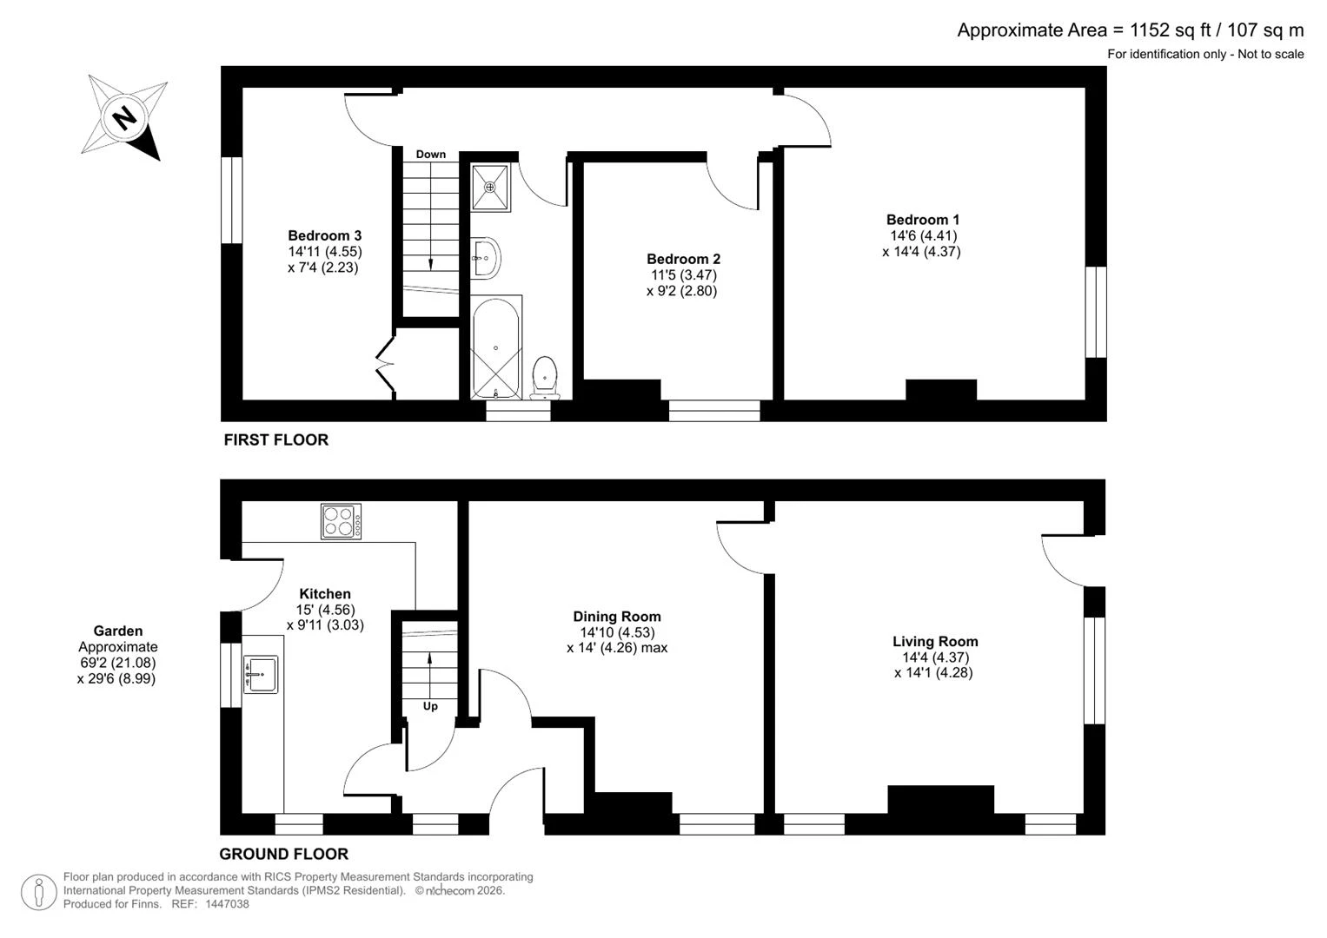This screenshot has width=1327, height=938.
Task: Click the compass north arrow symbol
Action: pyautogui.click(x=123, y=117)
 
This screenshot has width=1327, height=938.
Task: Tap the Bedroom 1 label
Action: pyautogui.click(x=922, y=220)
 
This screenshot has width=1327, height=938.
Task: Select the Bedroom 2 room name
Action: pyautogui.click(x=683, y=259)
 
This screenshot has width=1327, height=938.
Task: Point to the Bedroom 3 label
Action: pyautogui.click(x=324, y=235)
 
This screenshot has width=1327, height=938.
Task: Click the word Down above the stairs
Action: pyautogui.click(x=431, y=155)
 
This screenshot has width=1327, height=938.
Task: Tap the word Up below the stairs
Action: pyautogui.click(x=430, y=706)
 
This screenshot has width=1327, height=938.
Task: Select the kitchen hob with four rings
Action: pyautogui.click(x=341, y=521)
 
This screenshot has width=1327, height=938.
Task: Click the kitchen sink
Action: pyautogui.click(x=261, y=674)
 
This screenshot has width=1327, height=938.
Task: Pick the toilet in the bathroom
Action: pyautogui.click(x=545, y=378)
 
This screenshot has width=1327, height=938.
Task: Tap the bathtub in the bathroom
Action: pyautogui.click(x=496, y=348)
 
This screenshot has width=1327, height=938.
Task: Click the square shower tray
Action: pyautogui.click(x=490, y=187)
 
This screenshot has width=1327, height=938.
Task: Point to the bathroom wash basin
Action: pyautogui.click(x=487, y=258)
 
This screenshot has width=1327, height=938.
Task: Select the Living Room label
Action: pyautogui.click(x=935, y=641)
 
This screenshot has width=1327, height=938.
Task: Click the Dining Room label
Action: pyautogui.click(x=617, y=617)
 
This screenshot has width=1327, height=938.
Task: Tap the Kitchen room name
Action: pyautogui.click(x=325, y=593)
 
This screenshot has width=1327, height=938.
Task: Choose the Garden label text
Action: pyautogui.click(x=118, y=631)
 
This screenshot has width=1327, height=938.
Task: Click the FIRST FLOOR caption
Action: pyautogui.click(x=276, y=440)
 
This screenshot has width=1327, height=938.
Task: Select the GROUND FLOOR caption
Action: pyautogui.click(x=284, y=854)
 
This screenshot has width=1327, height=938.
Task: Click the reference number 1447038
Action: pyautogui.click(x=227, y=904)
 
